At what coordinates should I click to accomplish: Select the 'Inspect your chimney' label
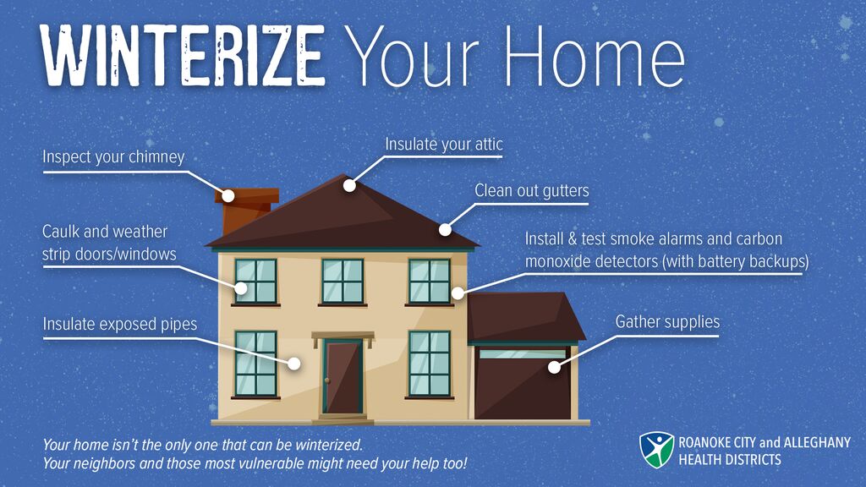coord(113,156)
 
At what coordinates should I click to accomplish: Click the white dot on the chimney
coord(228,195)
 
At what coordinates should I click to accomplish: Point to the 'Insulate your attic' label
coord(444,144)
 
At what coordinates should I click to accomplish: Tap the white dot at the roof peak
coord(349,185)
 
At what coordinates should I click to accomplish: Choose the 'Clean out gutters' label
coord(532,190)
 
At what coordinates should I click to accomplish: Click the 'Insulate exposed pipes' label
coord(120,324)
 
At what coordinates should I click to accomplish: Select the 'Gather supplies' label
coord(668,321)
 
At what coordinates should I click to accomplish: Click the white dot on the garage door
coord(554,367)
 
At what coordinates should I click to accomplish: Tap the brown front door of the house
coord(343,377)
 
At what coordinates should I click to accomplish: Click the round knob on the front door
coord(328,381)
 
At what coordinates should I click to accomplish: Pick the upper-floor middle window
coord(343,281)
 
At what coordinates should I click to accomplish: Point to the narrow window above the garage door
coord(523,353)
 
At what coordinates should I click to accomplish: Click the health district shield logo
coord(656,450)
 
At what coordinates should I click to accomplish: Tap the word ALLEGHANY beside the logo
coord(818,442)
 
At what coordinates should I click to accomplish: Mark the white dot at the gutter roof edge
coord(445,230)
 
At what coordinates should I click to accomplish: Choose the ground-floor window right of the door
coord(429,364)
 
